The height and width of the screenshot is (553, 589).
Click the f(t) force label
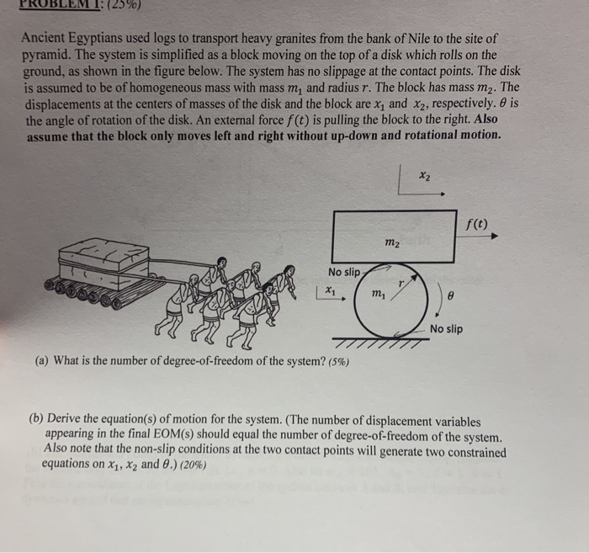pyautogui.click(x=475, y=224)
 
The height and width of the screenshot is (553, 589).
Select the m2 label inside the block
pyautogui.click(x=391, y=244)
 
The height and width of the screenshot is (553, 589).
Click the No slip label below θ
pyautogui.click(x=446, y=328)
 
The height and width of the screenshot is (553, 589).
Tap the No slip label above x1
pyautogui.click(x=345, y=272)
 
